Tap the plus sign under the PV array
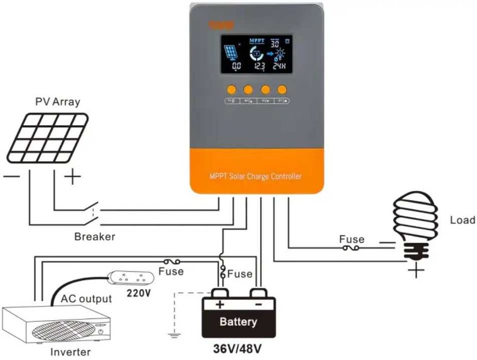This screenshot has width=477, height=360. [73, 178]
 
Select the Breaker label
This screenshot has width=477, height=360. [95, 237]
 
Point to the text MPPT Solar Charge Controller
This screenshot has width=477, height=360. [255, 177]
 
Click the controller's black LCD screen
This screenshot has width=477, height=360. [255, 54]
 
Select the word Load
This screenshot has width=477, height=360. [462, 220]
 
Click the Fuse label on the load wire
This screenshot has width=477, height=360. [351, 239]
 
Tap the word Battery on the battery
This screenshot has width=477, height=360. [237, 322]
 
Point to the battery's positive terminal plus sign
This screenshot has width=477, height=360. [220, 304]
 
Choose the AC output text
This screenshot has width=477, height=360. [86, 299]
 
